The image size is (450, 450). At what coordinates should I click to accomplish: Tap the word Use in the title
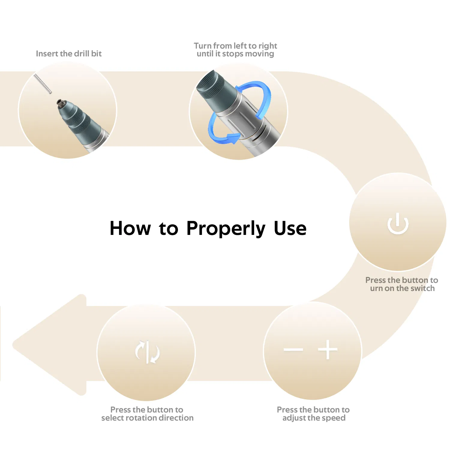pyautogui.click(x=290, y=228)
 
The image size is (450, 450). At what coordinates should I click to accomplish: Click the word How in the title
pyautogui.click(x=130, y=228)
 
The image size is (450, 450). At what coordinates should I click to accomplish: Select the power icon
pyautogui.click(x=398, y=223)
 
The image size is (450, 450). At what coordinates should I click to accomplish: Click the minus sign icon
pyautogui.click(x=293, y=350)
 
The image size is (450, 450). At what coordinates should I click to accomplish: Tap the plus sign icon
pyautogui.click(x=328, y=349)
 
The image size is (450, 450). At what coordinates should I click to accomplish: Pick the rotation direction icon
pyautogui.click(x=147, y=352)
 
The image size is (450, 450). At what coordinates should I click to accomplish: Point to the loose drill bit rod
pyautogui.click(x=42, y=84)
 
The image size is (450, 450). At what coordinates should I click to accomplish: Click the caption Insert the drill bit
pyautogui.click(x=69, y=54)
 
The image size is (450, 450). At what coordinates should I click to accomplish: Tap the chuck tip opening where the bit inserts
pyautogui.click(x=60, y=103)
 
